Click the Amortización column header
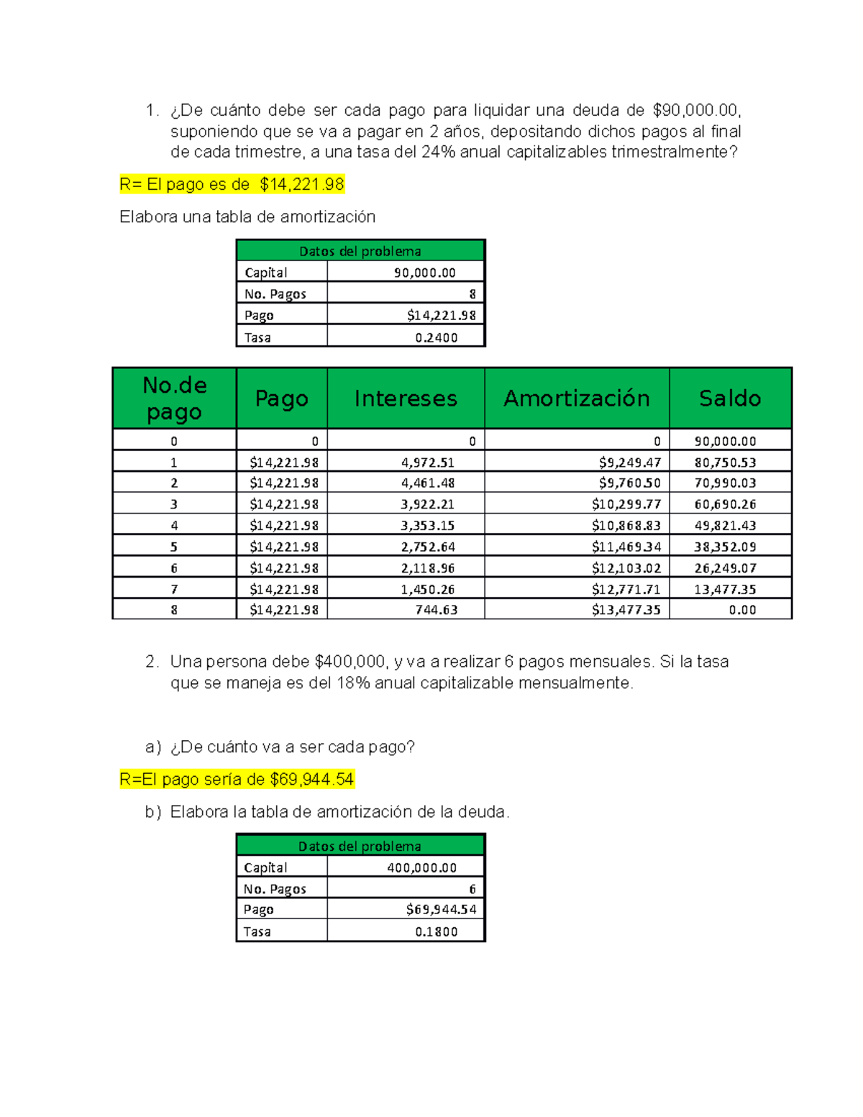pos(576,398)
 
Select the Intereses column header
pos(406,398)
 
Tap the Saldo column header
pos(729,398)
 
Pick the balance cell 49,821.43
pos(725,526)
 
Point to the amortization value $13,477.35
pos(626,610)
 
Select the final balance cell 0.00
pos(742,610)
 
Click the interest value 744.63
pos(436,610)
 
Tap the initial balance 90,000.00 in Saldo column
pos(725,442)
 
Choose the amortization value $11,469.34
pos(626,547)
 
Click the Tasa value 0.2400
pos(436,337)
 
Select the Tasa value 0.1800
pos(436,931)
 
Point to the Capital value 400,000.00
pos(421,868)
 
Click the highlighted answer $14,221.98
pos(302,185)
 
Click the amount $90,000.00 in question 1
pos(695,110)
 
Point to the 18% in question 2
pos(352,683)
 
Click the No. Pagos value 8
pos(472,294)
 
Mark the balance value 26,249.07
pos(725,568)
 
